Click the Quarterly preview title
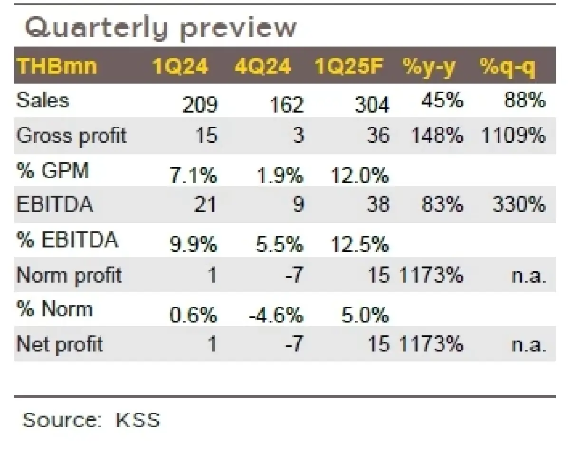pyautogui.click(x=160, y=28)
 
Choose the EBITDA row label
pyautogui.click(x=55, y=205)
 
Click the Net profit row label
pyautogui.click(x=59, y=344)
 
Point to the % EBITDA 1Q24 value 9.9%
pyautogui.click(x=193, y=246)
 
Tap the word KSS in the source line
pyautogui.click(x=138, y=420)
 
